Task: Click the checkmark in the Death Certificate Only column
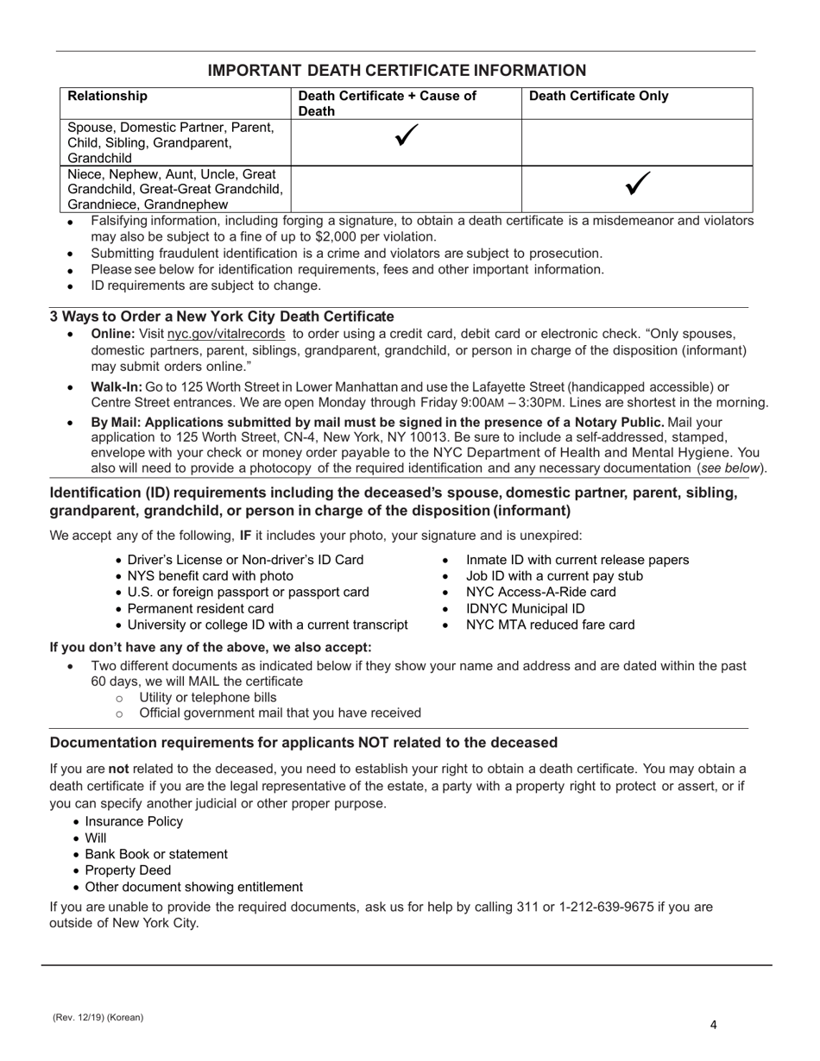coord(637,183)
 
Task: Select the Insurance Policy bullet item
coord(134,821)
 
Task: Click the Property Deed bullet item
coord(128,870)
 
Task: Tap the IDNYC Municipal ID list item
coord(525,608)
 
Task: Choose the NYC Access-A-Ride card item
coord(540,592)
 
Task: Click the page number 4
coord(713,1026)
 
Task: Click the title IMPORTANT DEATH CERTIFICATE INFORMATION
coord(397,71)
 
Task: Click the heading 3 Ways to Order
coord(222,317)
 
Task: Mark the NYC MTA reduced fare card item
coord(550,625)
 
